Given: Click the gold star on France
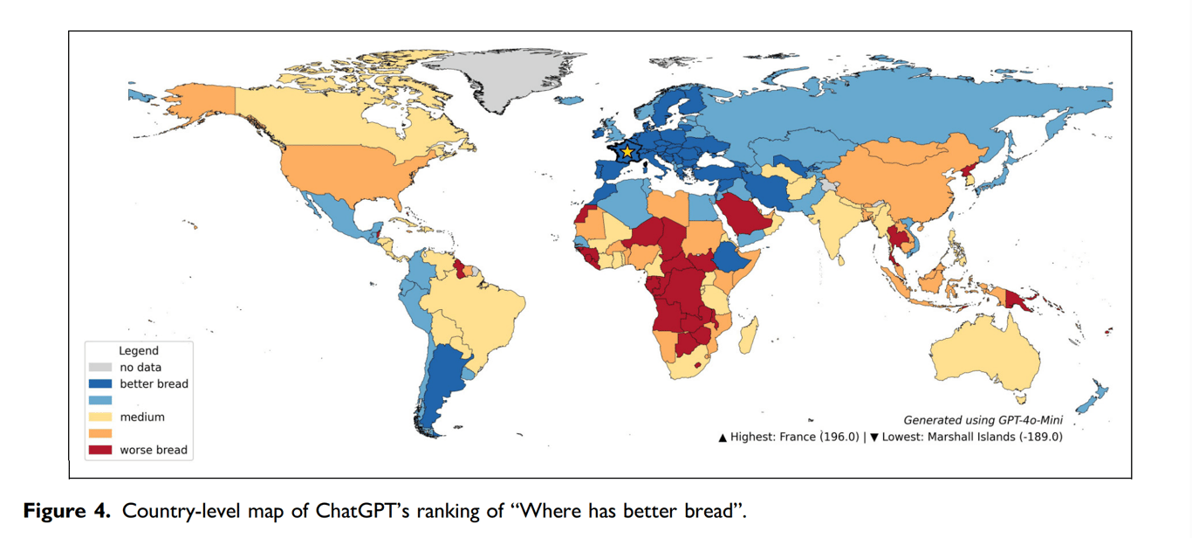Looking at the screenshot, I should (x=627, y=151).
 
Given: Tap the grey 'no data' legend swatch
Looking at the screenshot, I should (x=99, y=368).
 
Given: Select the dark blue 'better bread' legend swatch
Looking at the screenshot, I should (x=99, y=383).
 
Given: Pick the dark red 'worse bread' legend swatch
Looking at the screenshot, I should (x=99, y=451).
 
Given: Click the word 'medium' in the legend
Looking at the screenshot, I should (x=142, y=417).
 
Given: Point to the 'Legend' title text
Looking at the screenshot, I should (x=139, y=351).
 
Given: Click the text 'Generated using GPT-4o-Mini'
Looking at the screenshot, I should (x=983, y=420).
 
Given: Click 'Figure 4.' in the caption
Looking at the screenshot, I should (x=67, y=511).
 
